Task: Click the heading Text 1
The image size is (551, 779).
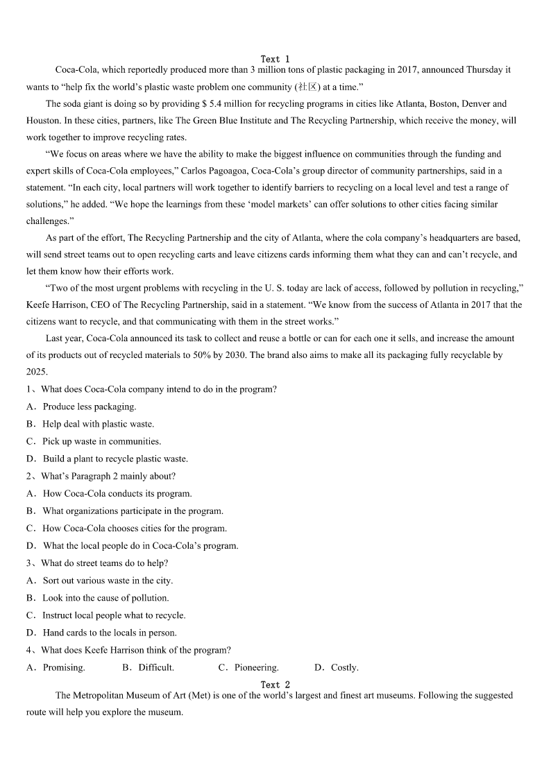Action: coord(275,59)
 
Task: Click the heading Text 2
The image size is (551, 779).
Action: coord(275,685)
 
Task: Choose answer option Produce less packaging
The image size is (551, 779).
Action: coord(90,406)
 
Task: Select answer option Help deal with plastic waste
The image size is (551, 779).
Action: coord(98,424)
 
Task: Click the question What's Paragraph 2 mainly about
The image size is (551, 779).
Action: coord(108,476)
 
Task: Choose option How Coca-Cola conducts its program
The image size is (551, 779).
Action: coord(117,493)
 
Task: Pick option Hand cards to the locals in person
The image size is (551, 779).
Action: coord(110,633)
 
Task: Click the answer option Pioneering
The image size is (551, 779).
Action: coord(256,667)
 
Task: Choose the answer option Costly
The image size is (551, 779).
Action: coord(344,667)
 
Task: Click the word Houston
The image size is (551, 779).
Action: coord(43,120)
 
